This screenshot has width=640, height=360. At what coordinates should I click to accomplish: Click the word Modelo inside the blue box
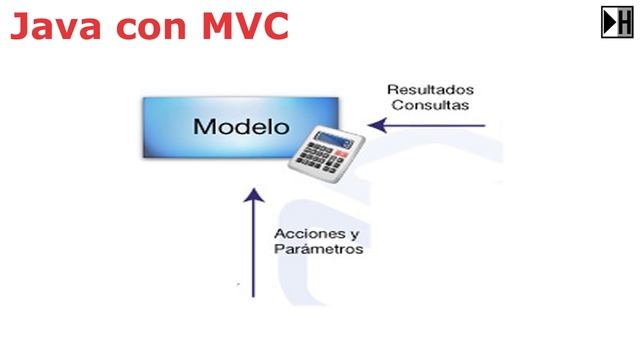pyautogui.click(x=240, y=128)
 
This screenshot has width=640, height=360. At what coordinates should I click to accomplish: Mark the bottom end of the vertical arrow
pyautogui.click(x=253, y=296)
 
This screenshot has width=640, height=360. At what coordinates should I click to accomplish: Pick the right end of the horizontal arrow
pyautogui.click(x=485, y=126)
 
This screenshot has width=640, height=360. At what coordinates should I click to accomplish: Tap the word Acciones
pyautogui.click(x=304, y=234)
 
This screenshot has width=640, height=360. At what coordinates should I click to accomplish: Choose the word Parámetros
pyautogui.click(x=317, y=250)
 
